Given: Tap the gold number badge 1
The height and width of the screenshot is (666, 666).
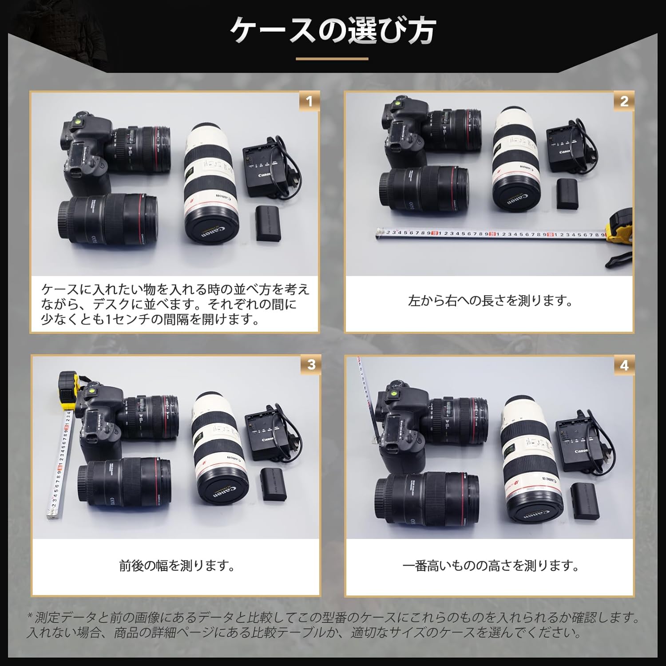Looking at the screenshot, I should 309,102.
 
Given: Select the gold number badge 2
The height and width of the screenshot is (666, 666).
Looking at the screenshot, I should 624,102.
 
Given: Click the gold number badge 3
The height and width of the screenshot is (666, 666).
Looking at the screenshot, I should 311,365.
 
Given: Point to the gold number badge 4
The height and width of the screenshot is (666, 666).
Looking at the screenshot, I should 624,365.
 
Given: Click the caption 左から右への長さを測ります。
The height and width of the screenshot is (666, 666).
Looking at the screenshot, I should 490,301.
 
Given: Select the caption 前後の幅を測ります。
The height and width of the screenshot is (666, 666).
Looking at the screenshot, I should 177,566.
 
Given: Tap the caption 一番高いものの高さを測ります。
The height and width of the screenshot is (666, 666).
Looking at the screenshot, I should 490,566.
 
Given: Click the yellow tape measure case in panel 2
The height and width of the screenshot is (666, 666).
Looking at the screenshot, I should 619,229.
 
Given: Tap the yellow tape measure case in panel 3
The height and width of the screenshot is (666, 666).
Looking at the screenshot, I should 69,390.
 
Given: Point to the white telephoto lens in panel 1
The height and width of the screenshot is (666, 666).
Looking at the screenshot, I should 209,182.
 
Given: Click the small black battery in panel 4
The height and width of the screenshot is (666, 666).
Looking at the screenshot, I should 584,501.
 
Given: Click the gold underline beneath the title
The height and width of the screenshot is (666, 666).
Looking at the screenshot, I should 332,58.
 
